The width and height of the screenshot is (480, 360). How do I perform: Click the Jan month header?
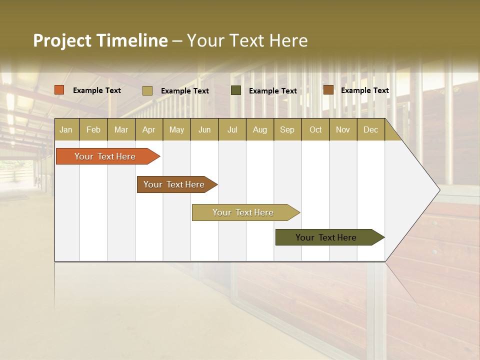pos(66,129)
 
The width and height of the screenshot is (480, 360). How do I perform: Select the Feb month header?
pos(93,129)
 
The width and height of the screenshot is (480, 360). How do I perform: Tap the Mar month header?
pos(121,129)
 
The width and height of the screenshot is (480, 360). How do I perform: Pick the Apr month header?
pos(148,129)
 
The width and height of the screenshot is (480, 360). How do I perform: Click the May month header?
pos(176,129)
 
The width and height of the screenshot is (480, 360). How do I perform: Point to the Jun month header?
pos(204,129)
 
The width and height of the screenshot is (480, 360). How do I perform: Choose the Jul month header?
pos(232,129)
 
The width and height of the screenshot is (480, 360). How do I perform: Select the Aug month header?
pos(259,129)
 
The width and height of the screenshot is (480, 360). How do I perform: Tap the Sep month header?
pos(287,129)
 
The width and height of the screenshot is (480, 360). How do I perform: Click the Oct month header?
pos(315,129)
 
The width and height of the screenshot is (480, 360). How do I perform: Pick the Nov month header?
pos(343,129)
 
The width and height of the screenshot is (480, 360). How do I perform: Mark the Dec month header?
pos(370,129)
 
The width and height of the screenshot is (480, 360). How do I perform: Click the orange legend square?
pos(59,90)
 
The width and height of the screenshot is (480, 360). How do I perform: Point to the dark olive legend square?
pos(236,90)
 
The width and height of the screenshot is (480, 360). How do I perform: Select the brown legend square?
pos(328,90)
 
